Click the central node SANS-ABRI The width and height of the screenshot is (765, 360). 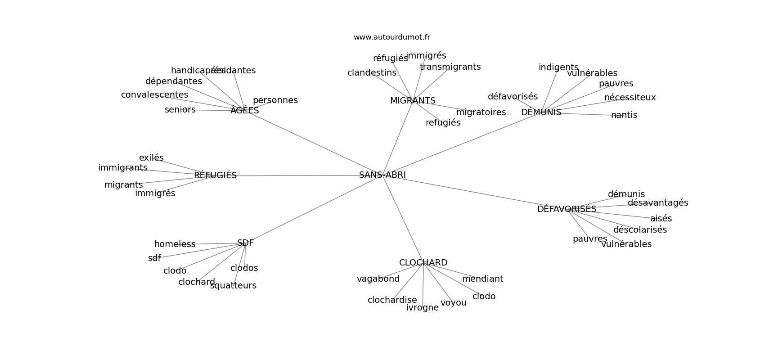click(382, 175)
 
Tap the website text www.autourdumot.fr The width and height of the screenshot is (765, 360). click(391, 37)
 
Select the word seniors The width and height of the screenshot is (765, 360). click(180, 110)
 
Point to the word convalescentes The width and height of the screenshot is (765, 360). click(154, 95)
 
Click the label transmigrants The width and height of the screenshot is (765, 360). click(450, 67)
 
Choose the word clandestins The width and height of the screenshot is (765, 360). click(372, 73)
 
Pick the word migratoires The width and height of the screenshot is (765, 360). click(481, 112)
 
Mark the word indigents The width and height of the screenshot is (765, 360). click(558, 67)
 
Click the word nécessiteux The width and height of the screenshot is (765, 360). click(630, 98)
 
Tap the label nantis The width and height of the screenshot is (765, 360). click(624, 115)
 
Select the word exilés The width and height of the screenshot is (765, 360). click(151, 158)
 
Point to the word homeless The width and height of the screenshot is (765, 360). click(175, 244)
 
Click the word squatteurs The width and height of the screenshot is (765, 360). click(233, 286)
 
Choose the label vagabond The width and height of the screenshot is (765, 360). click(378, 279)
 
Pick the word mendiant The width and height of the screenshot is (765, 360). click(482, 279)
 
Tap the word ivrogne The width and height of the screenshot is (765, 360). click(423, 308)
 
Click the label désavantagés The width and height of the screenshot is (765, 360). click(658, 203)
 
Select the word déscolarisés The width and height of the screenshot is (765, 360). click(640, 230)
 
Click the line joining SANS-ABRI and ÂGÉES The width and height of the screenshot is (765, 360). click(315, 143)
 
